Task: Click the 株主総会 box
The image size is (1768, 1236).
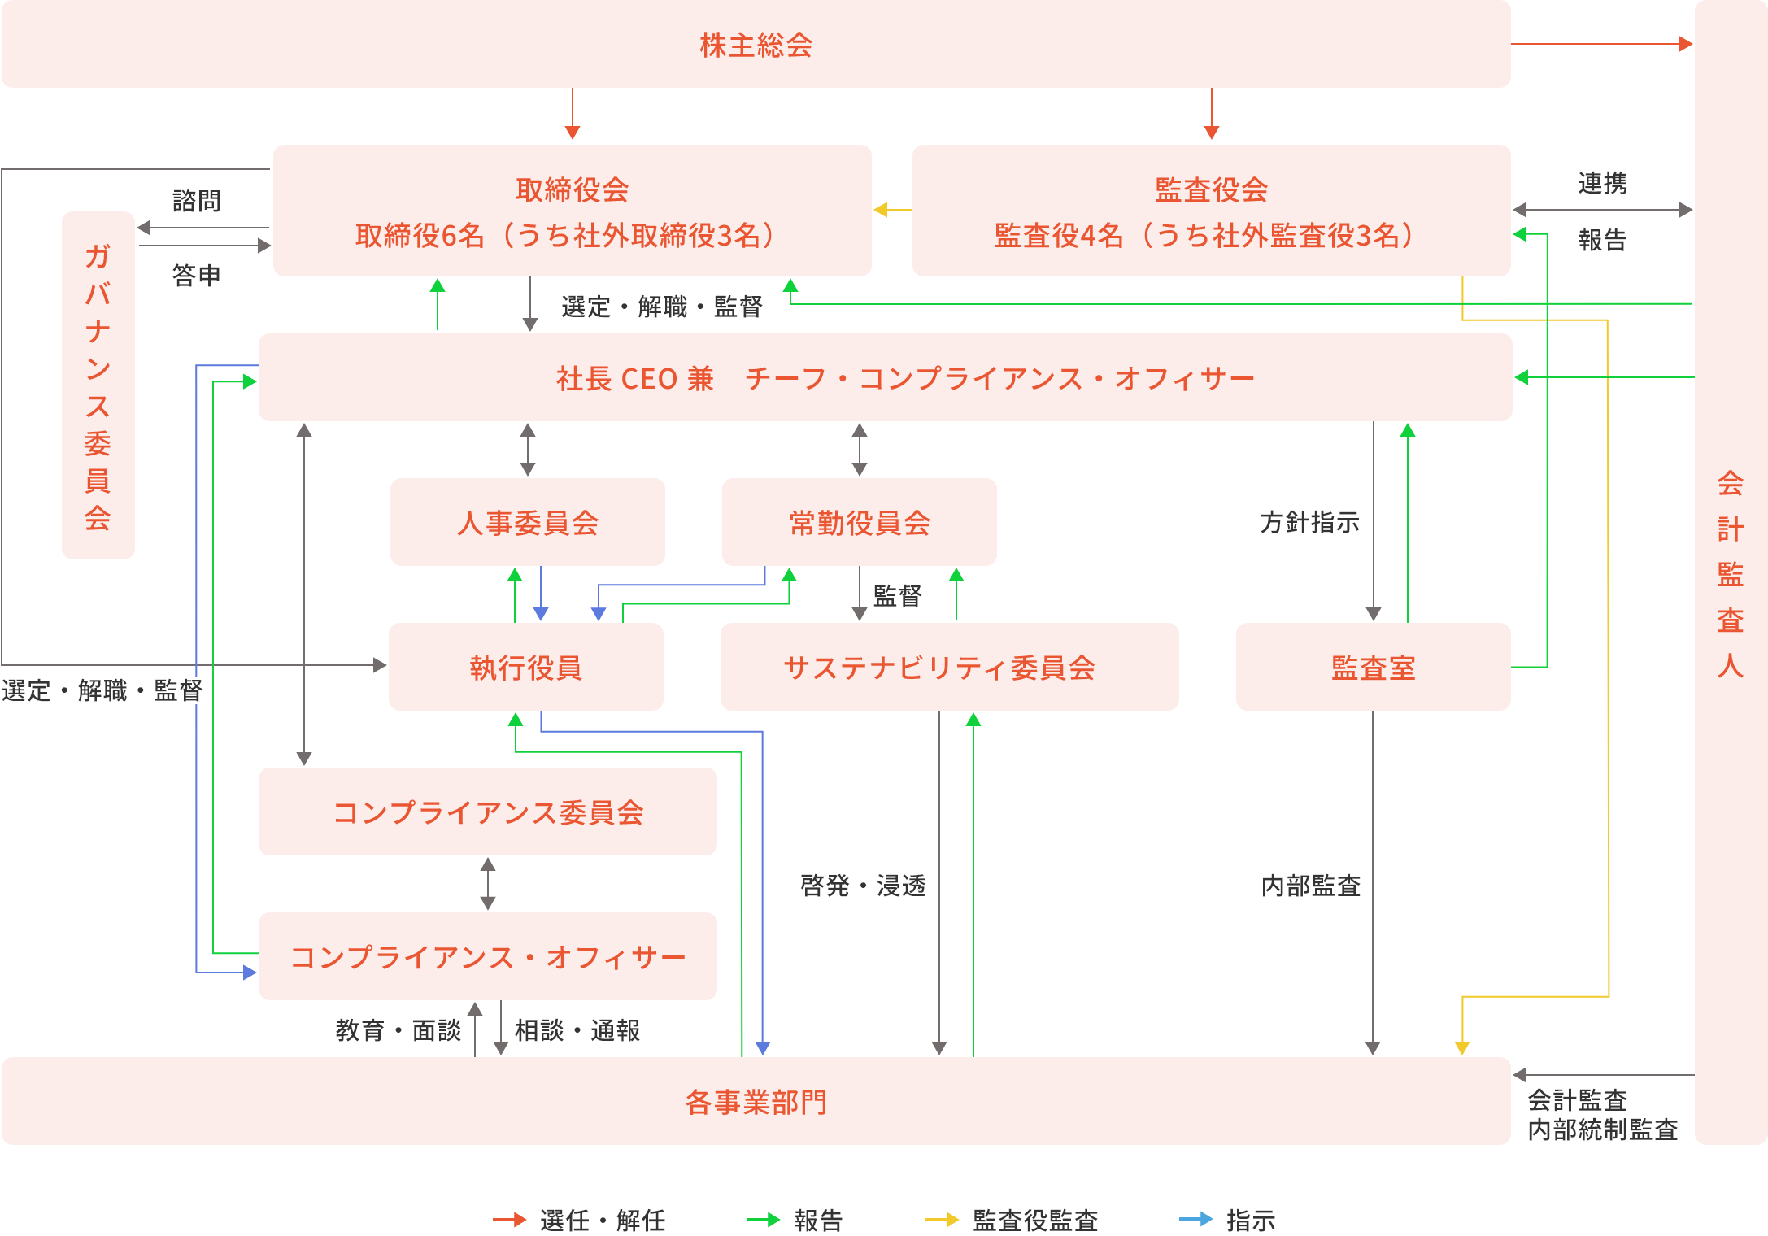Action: [x=756, y=45]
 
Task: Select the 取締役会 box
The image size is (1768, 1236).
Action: [x=572, y=211]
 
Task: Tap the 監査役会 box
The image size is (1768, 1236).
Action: [x=1211, y=211]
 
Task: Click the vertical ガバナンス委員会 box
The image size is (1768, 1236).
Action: [x=98, y=385]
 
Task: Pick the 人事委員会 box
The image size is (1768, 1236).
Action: [x=527, y=523]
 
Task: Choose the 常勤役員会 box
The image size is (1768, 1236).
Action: [x=859, y=523]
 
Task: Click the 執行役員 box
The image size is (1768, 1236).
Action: [x=525, y=668]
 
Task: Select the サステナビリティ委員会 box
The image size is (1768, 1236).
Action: [x=948, y=668]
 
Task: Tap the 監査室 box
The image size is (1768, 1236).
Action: [x=1373, y=668]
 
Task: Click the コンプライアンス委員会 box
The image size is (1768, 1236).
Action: [x=487, y=812]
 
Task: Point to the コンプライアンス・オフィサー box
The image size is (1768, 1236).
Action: [x=487, y=957]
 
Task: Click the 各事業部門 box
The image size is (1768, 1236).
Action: [x=756, y=1102]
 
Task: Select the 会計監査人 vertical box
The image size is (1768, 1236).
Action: [x=1731, y=572]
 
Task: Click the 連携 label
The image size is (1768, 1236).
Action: [x=1602, y=184]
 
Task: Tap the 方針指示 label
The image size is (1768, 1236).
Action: [x=1309, y=522]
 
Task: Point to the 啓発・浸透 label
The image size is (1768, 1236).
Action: [x=863, y=886]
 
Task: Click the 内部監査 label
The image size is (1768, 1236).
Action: [x=1311, y=886]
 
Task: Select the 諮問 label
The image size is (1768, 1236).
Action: [x=196, y=201]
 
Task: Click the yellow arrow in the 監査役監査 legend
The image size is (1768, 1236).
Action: [x=943, y=1220]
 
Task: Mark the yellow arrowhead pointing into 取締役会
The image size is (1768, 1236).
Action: [x=881, y=211]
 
